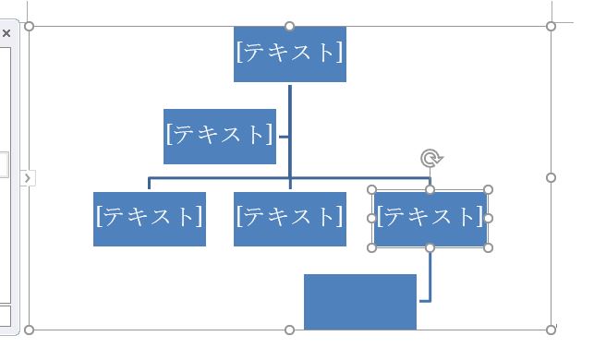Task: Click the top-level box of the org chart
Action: pyautogui.click(x=289, y=54)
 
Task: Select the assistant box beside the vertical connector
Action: pyautogui.click(x=219, y=136)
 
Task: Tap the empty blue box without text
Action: pyautogui.click(x=359, y=301)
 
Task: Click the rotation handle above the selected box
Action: pyautogui.click(x=430, y=159)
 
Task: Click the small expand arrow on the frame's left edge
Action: pyautogui.click(x=28, y=177)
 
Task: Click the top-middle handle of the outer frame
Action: pyautogui.click(x=289, y=26)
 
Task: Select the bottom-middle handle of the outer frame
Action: pyautogui.click(x=289, y=330)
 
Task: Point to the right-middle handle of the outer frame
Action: pyautogui.click(x=552, y=177)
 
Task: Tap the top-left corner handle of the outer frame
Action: pyautogui.click(x=29, y=26)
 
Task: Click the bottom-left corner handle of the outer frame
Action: pyautogui.click(x=29, y=330)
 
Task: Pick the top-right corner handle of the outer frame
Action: pyautogui.click(x=552, y=26)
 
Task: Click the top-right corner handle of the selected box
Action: pyautogui.click(x=488, y=189)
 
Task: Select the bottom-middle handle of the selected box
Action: pyautogui.click(x=430, y=247)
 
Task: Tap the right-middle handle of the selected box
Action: pyautogui.click(x=488, y=219)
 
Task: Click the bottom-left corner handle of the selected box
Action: pyautogui.click(x=372, y=247)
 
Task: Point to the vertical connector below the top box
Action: pyautogui.click(x=289, y=111)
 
